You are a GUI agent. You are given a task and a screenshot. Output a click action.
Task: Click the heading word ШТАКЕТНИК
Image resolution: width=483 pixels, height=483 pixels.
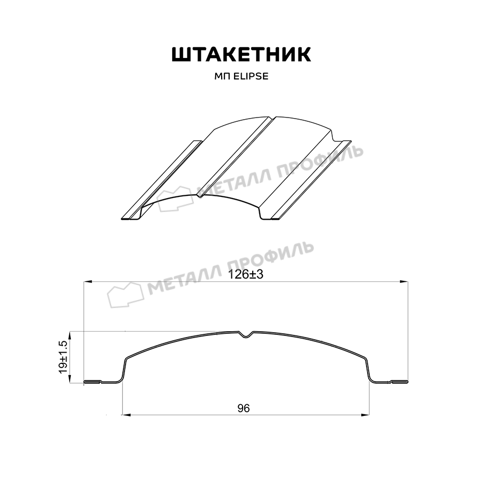click(241, 55)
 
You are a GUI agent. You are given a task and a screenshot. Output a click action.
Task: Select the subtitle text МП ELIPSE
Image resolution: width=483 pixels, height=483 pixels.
click(241, 76)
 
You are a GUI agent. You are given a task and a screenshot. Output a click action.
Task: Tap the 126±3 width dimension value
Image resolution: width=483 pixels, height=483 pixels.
click(245, 274)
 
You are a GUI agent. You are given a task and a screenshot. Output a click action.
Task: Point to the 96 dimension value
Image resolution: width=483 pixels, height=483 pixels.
click(243, 408)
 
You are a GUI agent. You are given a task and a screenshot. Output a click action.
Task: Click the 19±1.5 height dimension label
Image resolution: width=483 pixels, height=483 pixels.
click(64, 357)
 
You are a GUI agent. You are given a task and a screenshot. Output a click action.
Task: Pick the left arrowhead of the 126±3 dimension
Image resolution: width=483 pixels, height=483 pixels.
click(88, 282)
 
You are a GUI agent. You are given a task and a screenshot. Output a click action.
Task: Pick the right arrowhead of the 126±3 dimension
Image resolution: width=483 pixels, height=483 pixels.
click(404, 282)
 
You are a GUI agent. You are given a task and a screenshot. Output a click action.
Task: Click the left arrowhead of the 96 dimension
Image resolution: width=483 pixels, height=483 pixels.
click(127, 415)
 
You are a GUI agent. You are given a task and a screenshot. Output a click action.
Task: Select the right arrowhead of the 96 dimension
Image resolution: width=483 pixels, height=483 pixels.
click(365, 415)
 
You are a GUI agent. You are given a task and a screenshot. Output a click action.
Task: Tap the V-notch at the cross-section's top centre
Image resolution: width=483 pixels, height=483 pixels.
click(246, 335)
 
